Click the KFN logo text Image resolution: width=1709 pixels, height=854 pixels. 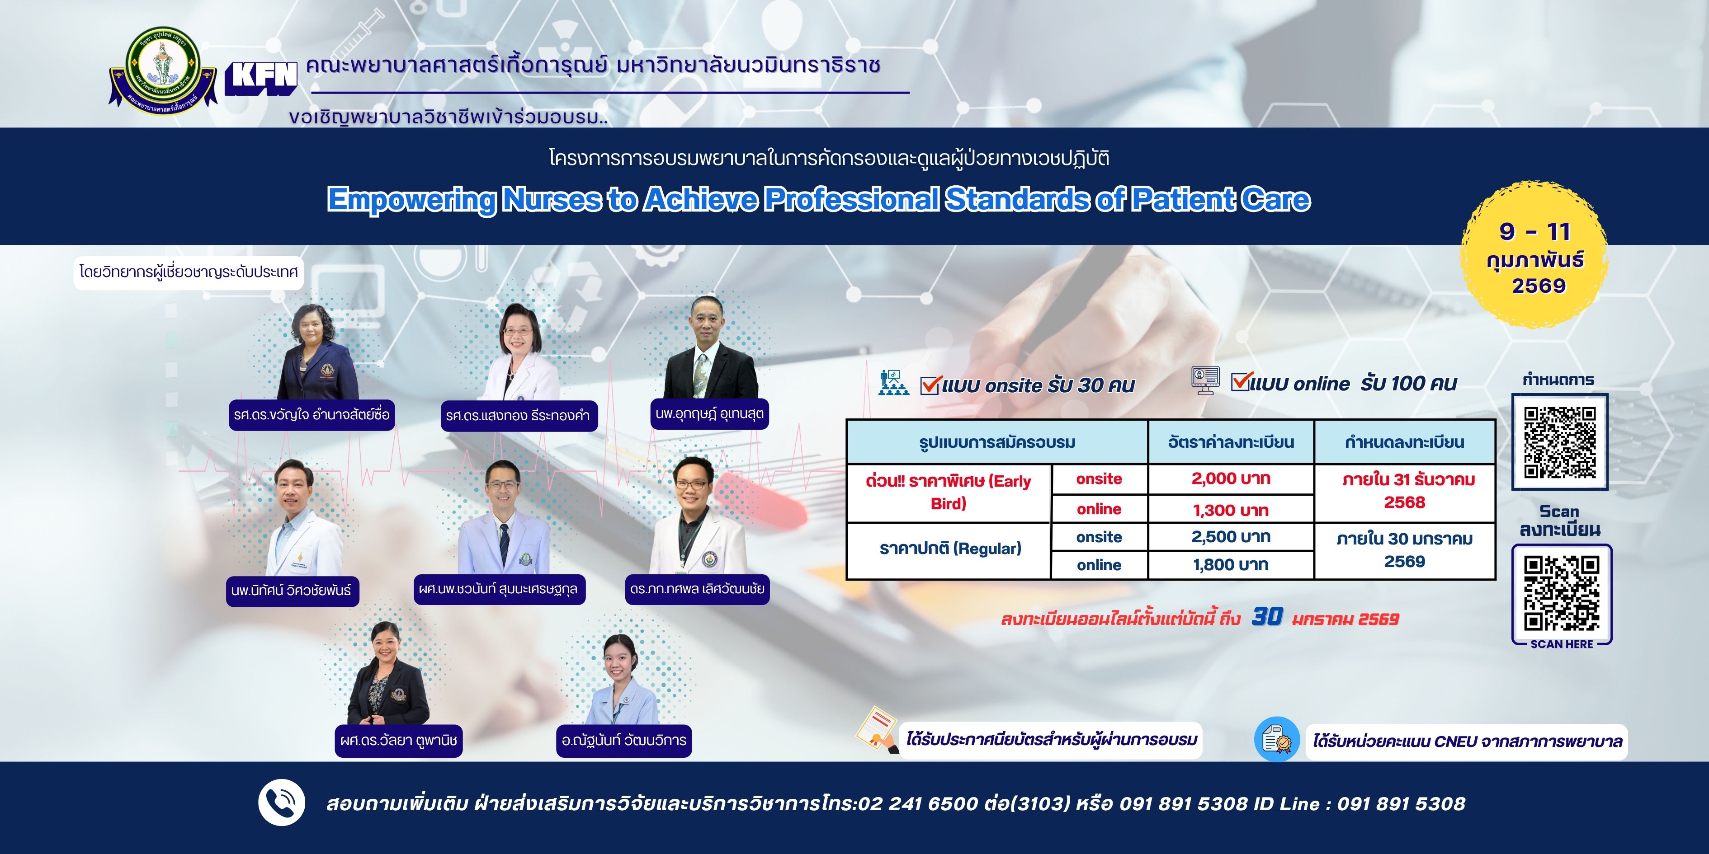tap(261, 78)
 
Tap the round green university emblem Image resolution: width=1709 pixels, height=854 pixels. tap(163, 69)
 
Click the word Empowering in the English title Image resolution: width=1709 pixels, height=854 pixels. tap(411, 200)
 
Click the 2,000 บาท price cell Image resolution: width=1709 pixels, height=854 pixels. tap(1231, 479)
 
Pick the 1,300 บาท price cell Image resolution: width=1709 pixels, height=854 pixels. tap(1231, 510)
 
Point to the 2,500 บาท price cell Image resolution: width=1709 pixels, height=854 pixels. tap(1231, 537)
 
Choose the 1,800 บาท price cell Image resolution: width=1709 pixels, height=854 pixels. tap(1231, 565)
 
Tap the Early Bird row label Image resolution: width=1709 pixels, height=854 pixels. tap(949, 492)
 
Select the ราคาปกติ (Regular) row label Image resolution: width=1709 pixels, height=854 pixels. tap(950, 549)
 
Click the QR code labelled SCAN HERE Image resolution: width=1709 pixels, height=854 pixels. tap(1562, 593)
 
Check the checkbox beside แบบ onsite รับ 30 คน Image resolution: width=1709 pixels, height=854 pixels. tap(930, 385)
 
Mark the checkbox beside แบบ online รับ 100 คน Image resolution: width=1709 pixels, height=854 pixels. tap(1240, 381)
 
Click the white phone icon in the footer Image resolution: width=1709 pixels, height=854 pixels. tap(281, 802)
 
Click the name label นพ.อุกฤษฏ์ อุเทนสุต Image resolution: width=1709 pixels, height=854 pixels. tap(709, 414)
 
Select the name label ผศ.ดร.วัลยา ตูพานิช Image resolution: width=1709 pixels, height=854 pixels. tap(399, 741)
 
